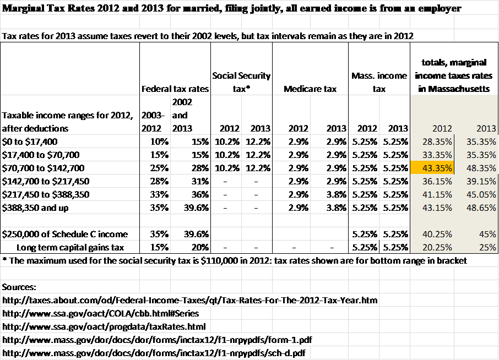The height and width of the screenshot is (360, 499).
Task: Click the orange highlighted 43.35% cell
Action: click(x=432, y=168)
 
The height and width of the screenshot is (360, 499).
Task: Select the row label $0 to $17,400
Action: click(x=30, y=141)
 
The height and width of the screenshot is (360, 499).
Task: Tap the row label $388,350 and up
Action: click(x=35, y=208)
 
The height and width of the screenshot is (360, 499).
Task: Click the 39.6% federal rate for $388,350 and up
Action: click(x=196, y=208)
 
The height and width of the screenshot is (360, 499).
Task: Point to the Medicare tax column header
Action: click(x=310, y=89)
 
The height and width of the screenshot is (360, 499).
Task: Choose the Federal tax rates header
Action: click(x=175, y=89)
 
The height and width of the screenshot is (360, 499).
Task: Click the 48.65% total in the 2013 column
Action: click(x=481, y=208)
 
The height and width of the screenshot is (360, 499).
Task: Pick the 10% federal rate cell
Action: click(x=159, y=141)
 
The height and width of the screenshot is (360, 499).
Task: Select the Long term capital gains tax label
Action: click(x=70, y=247)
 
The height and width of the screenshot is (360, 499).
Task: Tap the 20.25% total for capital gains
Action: click(x=437, y=247)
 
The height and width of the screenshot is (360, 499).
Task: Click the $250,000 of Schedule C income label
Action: click(x=64, y=234)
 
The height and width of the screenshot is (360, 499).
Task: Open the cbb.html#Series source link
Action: click(x=101, y=314)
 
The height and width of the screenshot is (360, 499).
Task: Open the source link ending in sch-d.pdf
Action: click(x=154, y=353)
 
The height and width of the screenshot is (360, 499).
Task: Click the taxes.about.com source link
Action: click(x=189, y=300)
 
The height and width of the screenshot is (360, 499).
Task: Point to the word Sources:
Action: click(x=19, y=287)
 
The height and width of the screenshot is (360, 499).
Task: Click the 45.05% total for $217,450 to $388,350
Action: click(x=481, y=194)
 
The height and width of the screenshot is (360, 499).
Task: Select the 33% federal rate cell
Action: click(x=159, y=194)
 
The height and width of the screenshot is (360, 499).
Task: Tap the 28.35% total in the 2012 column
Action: click(x=437, y=141)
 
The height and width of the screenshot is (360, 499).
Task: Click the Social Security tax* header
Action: click(x=241, y=82)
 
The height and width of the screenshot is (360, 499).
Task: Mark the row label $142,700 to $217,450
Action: click(x=46, y=181)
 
